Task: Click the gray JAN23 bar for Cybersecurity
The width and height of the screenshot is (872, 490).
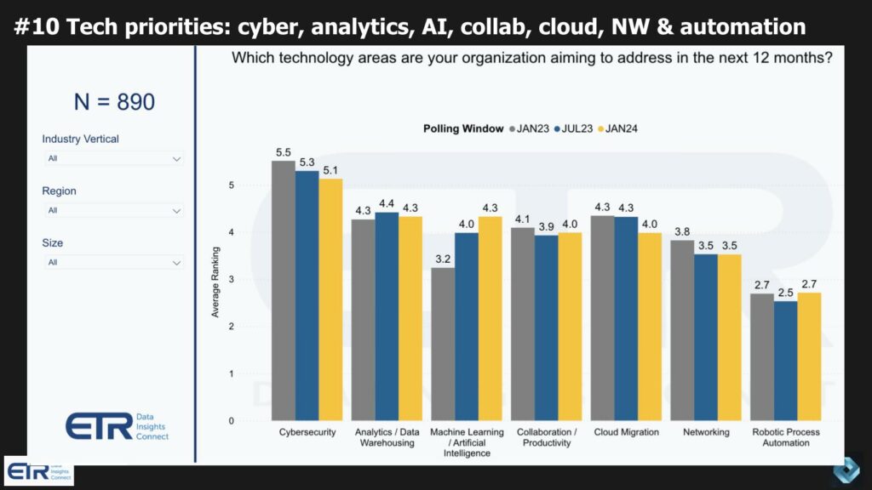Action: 284,290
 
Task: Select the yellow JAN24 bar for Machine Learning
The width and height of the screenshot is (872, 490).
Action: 490,318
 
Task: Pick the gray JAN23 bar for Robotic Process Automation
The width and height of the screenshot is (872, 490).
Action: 762,356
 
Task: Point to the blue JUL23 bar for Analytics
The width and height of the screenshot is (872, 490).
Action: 387,316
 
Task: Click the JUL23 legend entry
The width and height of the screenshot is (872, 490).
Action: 575,128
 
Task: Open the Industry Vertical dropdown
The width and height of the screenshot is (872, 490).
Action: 113,158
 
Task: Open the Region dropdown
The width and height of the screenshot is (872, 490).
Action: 113,210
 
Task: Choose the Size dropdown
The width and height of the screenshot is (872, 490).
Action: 113,263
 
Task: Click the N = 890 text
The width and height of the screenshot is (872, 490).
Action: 114,103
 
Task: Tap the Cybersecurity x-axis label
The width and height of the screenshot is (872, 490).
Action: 307,432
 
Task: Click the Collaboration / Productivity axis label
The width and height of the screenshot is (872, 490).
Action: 546,437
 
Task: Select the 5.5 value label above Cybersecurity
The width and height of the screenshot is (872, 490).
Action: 284,152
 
